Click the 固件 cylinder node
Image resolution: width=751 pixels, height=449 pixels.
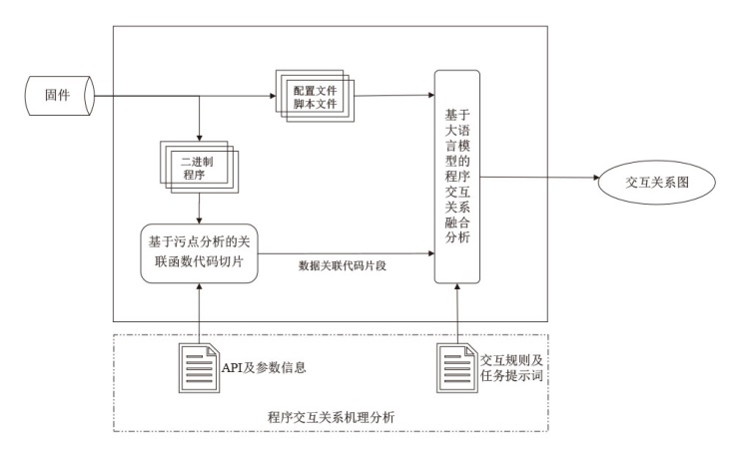tap(56, 97)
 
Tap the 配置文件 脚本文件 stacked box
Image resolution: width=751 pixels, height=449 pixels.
tap(312, 96)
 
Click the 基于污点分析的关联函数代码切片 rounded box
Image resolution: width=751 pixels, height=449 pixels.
tap(201, 251)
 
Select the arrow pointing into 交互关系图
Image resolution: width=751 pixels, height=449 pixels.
tap(539, 179)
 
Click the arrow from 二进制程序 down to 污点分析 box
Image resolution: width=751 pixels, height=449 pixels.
tap(201, 209)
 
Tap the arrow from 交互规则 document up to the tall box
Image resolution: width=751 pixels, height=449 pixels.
tap(457, 315)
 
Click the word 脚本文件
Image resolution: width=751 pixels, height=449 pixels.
tap(313, 103)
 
